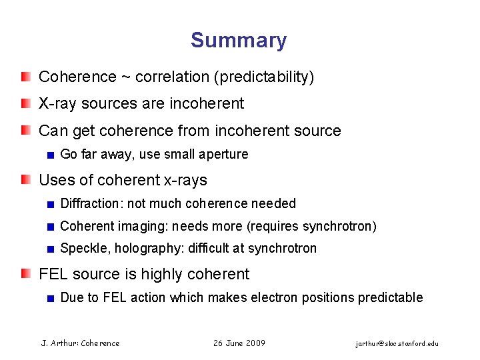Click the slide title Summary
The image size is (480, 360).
(239, 40)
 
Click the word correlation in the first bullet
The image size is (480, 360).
(172, 77)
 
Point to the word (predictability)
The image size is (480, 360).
(263, 77)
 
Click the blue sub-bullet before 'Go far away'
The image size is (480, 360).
(50, 155)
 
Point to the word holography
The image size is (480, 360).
(140, 249)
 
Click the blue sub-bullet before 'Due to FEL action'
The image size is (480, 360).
(50, 297)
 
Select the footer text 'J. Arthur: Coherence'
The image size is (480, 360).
(81, 343)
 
